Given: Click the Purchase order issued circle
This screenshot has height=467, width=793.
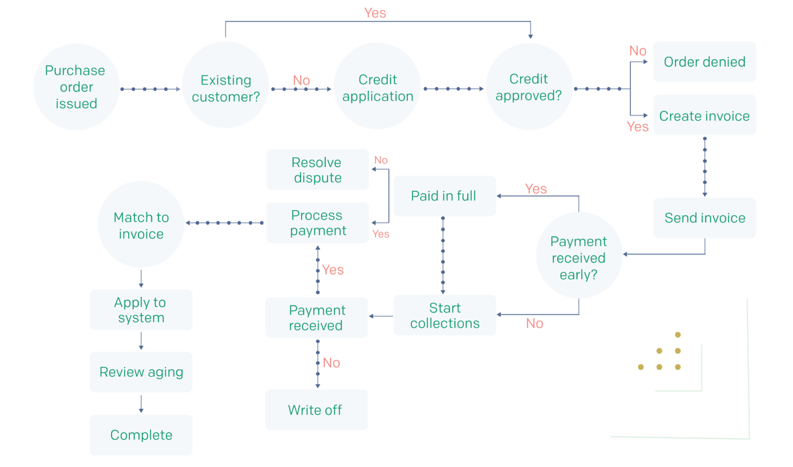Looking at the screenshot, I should (76, 87).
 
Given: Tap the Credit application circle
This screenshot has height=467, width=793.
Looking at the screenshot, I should (377, 86).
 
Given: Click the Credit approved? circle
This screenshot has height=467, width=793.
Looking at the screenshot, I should (529, 87).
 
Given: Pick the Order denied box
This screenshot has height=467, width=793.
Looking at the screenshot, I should (704, 62).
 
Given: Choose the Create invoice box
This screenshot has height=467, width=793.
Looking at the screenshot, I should (704, 115).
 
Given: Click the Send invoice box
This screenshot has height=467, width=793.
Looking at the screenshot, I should (704, 218).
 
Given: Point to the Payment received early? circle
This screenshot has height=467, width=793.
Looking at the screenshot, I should (579, 256).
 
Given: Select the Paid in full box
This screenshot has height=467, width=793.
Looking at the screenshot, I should (445, 196).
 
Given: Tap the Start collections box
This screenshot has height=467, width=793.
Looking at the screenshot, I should (445, 315).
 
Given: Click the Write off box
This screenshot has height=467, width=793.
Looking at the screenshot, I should (316, 410).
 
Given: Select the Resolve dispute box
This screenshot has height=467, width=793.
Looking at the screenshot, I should (318, 170).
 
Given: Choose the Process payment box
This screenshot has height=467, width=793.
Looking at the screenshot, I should (318, 222).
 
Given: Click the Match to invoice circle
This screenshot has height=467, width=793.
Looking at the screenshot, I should (141, 224).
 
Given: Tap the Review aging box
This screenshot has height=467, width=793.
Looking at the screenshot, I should (141, 372).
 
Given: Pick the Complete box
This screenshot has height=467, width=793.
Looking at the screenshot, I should (141, 435).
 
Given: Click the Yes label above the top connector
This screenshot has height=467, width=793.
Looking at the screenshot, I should (375, 13).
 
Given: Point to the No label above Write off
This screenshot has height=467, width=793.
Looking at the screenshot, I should (331, 363).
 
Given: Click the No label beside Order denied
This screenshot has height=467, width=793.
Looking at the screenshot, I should (638, 51).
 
